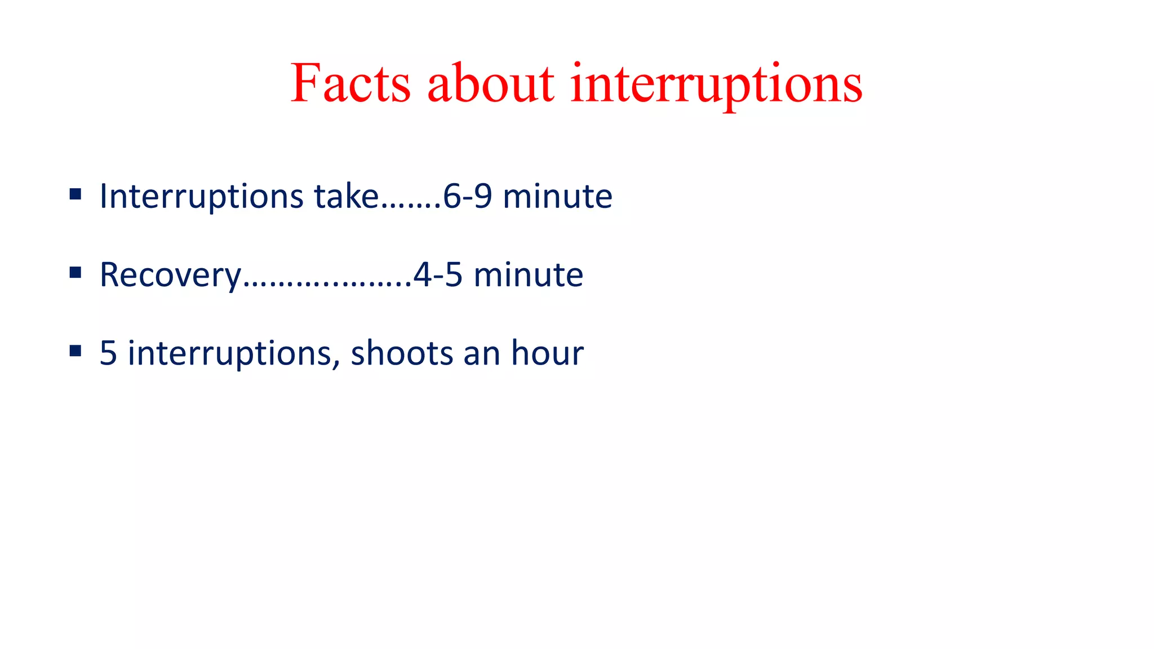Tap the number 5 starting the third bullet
(108, 353)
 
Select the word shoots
(402, 353)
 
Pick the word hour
(547, 353)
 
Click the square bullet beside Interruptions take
(76, 195)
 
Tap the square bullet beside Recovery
(76, 273)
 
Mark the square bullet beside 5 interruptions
(76, 352)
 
